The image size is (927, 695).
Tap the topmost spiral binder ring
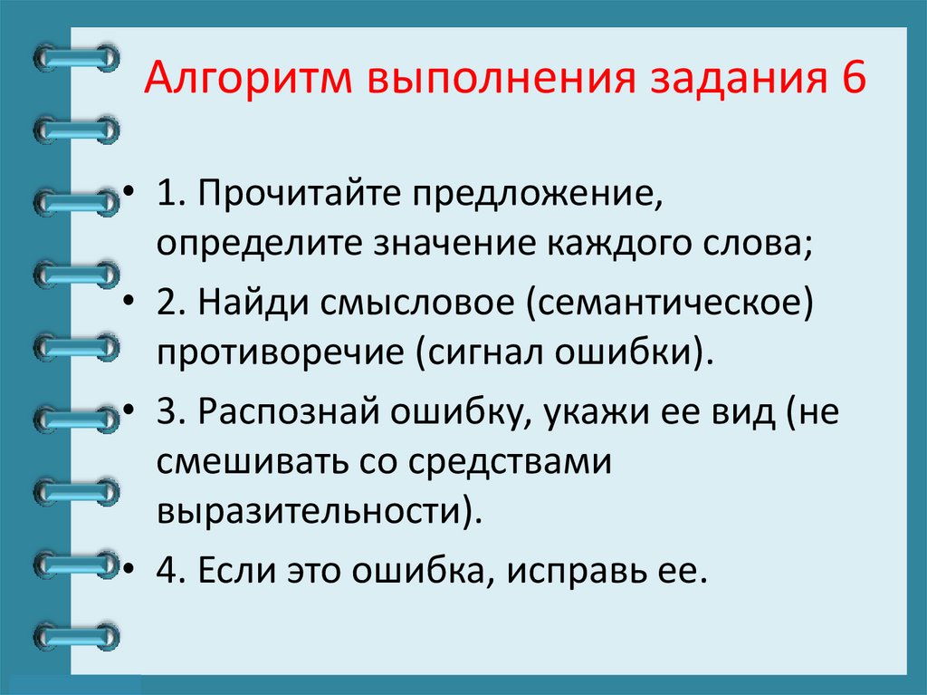click(76, 59)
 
